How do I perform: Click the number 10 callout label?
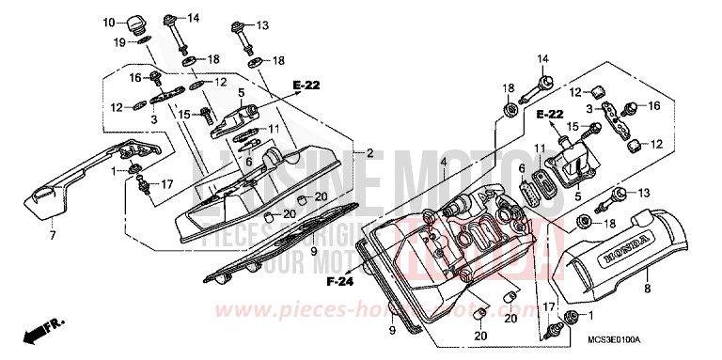108,22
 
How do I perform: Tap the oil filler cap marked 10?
135,23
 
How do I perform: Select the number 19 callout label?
120,42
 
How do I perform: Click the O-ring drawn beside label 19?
142,41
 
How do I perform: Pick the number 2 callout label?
369,153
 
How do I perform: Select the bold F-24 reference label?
339,280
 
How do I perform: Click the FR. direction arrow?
41,332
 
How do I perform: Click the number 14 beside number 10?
194,19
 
